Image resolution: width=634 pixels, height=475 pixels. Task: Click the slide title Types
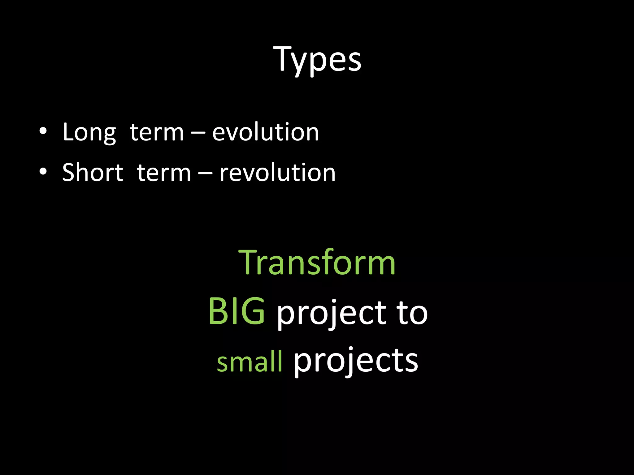click(317, 59)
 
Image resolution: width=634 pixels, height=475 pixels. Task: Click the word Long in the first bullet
click(89, 132)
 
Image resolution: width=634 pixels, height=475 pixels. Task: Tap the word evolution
click(265, 132)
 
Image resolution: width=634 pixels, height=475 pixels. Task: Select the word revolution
click(277, 173)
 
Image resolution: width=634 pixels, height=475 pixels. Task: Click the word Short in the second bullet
click(93, 173)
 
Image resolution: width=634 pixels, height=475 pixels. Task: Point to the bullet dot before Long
click(43, 131)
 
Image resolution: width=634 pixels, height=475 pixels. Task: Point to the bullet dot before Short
click(43, 172)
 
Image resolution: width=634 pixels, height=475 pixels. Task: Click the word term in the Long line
click(157, 132)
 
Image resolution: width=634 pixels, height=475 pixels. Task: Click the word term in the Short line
click(164, 173)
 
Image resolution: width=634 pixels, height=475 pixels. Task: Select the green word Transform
click(317, 263)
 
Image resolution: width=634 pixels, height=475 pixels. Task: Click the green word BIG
click(237, 312)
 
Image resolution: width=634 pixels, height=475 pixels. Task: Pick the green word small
click(250, 362)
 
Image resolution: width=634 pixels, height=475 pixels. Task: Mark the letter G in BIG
click(253, 311)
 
